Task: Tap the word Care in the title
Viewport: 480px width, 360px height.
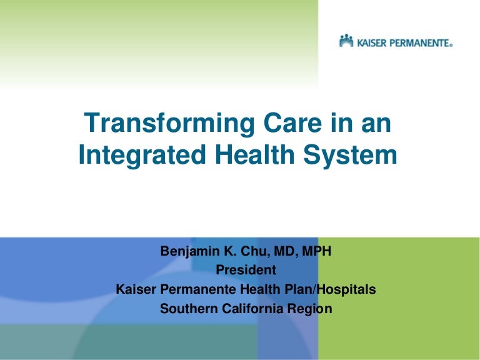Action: pos(292,122)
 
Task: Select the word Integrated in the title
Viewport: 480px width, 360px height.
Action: pos(142,156)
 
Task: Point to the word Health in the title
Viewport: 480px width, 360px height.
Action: pos(255,154)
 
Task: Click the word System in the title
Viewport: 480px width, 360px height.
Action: pos(351,156)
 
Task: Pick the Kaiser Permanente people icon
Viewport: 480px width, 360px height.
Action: pos(346,41)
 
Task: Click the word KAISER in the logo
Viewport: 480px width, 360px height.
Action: pos(372,43)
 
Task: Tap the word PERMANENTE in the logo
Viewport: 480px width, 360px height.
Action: pos(419,43)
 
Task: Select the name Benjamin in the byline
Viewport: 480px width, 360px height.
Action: pos(190,252)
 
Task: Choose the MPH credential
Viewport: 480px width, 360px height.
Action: pos(316,251)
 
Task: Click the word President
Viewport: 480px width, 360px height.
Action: pos(246,270)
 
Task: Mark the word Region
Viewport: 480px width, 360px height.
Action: pos(310,309)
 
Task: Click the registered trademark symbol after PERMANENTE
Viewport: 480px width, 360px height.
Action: pos(451,45)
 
